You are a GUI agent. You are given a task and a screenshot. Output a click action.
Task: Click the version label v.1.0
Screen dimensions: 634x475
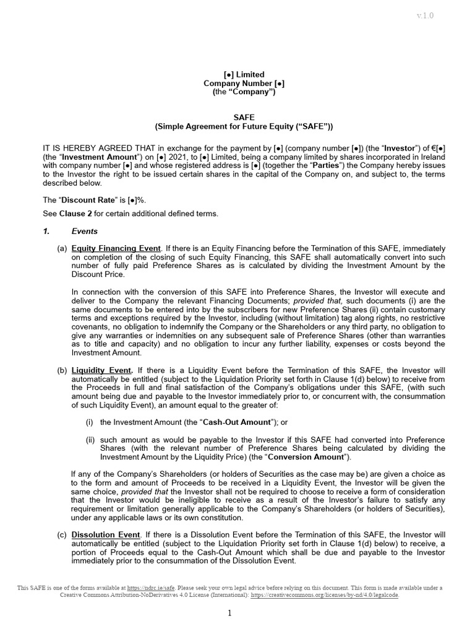click(x=424, y=15)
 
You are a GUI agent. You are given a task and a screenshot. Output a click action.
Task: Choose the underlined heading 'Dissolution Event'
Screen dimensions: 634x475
click(x=106, y=534)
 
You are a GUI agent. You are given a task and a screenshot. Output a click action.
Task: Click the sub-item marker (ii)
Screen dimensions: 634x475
click(x=90, y=440)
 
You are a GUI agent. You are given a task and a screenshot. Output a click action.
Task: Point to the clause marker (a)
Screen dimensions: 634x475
click(x=62, y=248)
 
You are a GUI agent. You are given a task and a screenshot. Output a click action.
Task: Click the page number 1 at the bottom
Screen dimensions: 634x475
click(x=229, y=614)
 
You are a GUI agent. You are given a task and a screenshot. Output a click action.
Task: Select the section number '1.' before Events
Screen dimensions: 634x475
click(x=46, y=232)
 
